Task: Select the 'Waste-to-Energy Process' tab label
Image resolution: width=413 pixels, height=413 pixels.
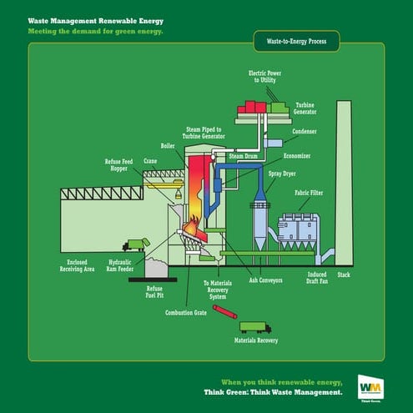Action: (295, 39)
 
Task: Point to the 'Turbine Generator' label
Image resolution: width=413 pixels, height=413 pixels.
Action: (305, 109)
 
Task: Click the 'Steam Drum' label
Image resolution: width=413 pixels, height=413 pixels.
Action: (244, 156)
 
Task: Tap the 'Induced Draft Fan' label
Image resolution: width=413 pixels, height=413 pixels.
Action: (316, 277)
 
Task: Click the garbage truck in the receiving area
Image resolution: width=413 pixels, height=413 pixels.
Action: (135, 244)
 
